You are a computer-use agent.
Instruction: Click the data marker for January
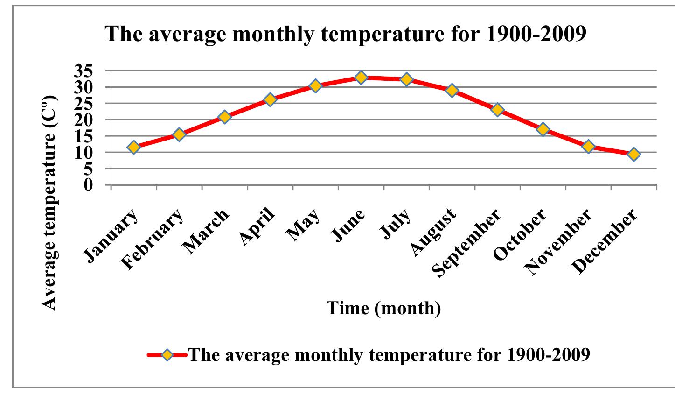pyautogui.click(x=134, y=148)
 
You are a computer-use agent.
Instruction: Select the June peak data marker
pyautogui.click(x=361, y=78)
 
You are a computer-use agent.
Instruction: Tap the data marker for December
pyautogui.click(x=633, y=154)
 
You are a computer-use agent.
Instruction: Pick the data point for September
pyautogui.click(x=497, y=110)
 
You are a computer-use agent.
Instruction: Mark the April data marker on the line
pyautogui.click(x=270, y=99)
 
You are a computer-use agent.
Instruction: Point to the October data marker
pyautogui.click(x=543, y=129)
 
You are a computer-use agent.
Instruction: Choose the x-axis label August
pyautogui.click(x=433, y=232)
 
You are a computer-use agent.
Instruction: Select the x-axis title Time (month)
pyautogui.click(x=383, y=308)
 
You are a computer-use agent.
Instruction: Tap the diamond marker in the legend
pyautogui.click(x=167, y=355)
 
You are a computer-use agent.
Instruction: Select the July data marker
pyautogui.click(x=406, y=79)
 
